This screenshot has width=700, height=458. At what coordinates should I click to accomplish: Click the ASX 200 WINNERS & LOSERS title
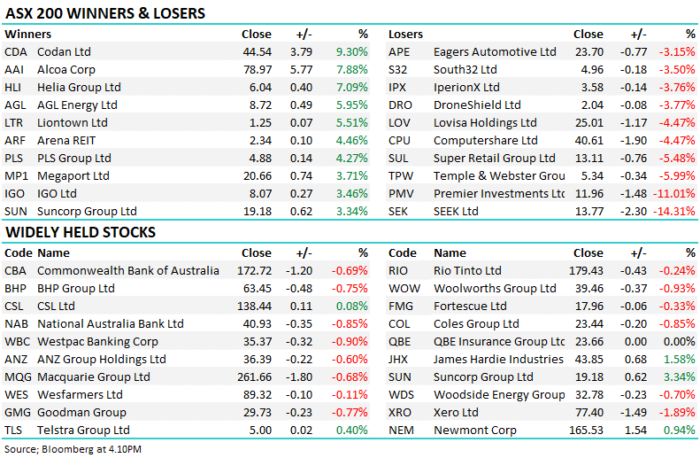click(x=105, y=13)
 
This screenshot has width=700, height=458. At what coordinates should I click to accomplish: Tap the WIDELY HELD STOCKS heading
click(x=81, y=232)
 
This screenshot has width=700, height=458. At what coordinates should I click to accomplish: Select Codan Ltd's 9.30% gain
click(x=352, y=52)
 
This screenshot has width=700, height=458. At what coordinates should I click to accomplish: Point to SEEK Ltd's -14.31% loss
click(x=674, y=212)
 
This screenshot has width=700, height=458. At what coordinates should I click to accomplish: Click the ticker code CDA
click(x=16, y=52)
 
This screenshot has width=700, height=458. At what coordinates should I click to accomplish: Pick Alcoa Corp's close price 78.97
click(x=258, y=70)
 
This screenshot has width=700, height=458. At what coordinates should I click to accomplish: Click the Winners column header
click(x=27, y=35)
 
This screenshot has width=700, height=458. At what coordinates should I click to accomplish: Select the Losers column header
click(x=405, y=35)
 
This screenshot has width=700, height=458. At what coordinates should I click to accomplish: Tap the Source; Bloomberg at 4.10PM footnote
click(x=73, y=449)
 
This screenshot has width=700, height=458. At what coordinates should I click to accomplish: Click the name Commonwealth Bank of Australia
click(x=128, y=271)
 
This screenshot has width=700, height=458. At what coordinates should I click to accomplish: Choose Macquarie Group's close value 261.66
click(x=255, y=377)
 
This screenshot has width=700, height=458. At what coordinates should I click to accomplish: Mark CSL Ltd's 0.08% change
click(x=352, y=307)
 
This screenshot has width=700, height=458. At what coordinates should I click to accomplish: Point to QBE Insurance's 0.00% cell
click(x=679, y=342)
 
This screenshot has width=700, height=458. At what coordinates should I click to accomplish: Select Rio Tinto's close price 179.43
click(x=586, y=271)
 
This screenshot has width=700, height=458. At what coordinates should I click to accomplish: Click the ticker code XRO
click(x=399, y=413)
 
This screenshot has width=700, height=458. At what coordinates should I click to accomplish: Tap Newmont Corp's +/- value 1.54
click(x=635, y=431)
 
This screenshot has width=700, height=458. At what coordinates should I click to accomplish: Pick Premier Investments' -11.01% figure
click(x=674, y=194)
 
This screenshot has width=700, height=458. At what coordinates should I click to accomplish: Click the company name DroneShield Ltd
click(x=477, y=105)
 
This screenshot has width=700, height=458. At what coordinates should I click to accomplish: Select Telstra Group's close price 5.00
click(x=261, y=431)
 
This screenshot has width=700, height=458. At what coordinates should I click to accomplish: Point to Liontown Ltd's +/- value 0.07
click(x=302, y=123)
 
